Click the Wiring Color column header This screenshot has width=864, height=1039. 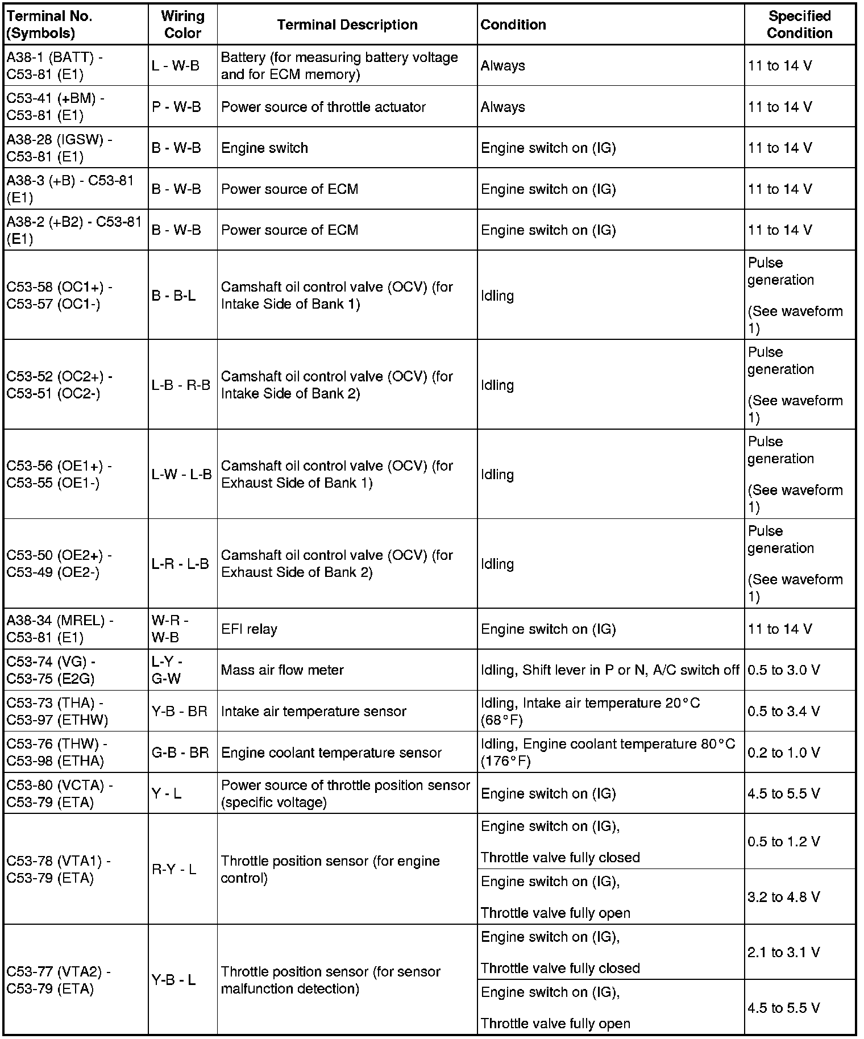(x=182, y=24)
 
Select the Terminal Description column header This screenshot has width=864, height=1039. (x=347, y=24)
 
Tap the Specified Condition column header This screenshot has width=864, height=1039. (x=799, y=24)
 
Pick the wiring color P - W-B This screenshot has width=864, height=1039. (x=176, y=107)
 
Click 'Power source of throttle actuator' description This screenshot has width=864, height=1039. (x=323, y=107)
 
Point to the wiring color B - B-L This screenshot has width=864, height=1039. (x=173, y=296)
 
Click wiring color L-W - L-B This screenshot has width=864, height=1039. (x=181, y=474)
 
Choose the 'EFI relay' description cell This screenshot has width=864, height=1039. (x=249, y=629)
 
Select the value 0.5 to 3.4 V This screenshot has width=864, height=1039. (x=783, y=711)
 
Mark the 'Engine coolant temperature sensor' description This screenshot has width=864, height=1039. (x=331, y=753)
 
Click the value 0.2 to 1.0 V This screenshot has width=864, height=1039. (x=783, y=753)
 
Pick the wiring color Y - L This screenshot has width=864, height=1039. (x=167, y=793)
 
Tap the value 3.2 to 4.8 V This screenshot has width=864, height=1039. (x=783, y=897)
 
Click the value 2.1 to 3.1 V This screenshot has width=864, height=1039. (x=783, y=952)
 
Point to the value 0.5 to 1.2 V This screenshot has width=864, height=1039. (x=783, y=842)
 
